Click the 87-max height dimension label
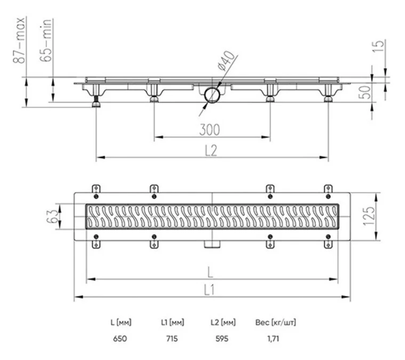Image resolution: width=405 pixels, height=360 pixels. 19,40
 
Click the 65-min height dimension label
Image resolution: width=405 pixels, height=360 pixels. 46,40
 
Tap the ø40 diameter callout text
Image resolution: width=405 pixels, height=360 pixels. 226,61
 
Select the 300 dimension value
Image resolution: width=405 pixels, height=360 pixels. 209,130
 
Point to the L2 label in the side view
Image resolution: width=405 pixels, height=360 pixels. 211,151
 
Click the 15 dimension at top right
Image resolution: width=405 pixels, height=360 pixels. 379,47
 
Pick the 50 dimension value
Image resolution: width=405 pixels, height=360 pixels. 365,92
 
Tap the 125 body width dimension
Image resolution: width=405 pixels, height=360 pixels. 369,216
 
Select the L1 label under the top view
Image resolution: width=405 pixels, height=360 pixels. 209,290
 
